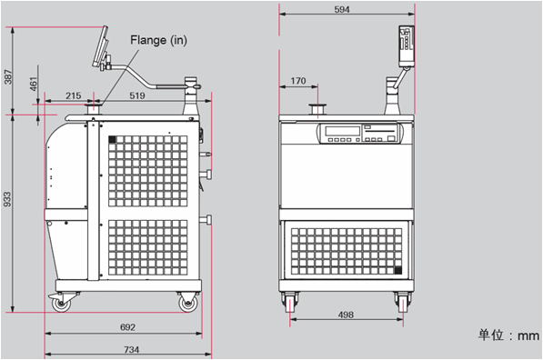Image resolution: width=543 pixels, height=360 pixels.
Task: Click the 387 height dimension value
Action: click(x=8, y=77)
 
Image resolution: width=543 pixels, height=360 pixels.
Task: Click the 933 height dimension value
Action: click(x=7, y=199)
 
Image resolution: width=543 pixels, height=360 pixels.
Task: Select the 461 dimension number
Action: click(x=34, y=85)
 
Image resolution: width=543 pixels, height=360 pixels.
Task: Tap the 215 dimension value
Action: click(x=74, y=95)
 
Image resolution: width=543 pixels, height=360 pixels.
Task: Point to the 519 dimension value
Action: click(x=137, y=95)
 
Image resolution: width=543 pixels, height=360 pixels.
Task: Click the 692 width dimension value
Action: click(x=127, y=327)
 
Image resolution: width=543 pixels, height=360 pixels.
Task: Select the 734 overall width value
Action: click(x=132, y=350)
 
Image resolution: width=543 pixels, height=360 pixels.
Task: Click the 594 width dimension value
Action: click(x=342, y=9)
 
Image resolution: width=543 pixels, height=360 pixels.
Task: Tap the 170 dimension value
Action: click(x=298, y=81)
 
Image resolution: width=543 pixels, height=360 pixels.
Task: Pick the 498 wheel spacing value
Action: click(x=346, y=315)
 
